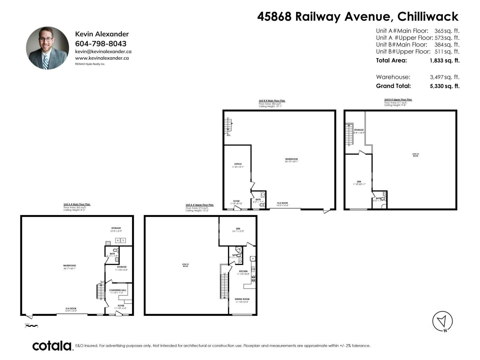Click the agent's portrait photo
pyautogui.click(x=47, y=48)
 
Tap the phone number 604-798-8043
pyautogui.click(x=100, y=43)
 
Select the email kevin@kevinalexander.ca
pyautogui.click(x=103, y=52)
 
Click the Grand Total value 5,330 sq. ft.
pyautogui.click(x=444, y=86)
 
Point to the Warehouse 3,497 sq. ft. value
pyautogui.click(x=444, y=77)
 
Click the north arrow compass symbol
pyautogui.click(x=442, y=321)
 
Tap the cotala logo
pyautogui.click(x=52, y=346)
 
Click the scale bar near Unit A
pyautogui.click(x=31, y=325)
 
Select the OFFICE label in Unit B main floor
pyautogui.click(x=238, y=164)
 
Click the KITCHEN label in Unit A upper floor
pyautogui.click(x=243, y=271)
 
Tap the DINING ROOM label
pyautogui.click(x=242, y=299)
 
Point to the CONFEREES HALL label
pyautogui.click(x=118, y=290)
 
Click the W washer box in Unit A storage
pyautogui.click(x=118, y=240)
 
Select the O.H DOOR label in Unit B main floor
pyautogui.click(x=282, y=203)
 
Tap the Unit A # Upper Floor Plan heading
pyautogui.click(x=199, y=205)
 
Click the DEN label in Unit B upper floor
pyautogui.click(x=359, y=181)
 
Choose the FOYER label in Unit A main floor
pyautogui.click(x=121, y=306)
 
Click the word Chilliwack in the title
pyautogui.click(x=428, y=16)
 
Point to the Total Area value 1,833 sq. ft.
pyautogui.click(x=444, y=61)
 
